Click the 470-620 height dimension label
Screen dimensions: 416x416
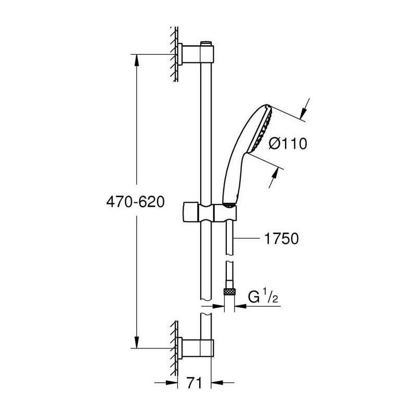pyautogui.click(x=135, y=202)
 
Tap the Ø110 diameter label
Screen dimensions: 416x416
pyautogui.click(x=288, y=144)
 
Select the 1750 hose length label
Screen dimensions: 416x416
pyautogui.click(x=281, y=238)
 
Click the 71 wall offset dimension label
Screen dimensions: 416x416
pyautogui.click(x=194, y=383)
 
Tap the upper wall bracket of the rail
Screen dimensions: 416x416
pyautogui.click(x=196, y=54)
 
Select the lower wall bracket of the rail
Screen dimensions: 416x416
pyautogui.click(x=196, y=348)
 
